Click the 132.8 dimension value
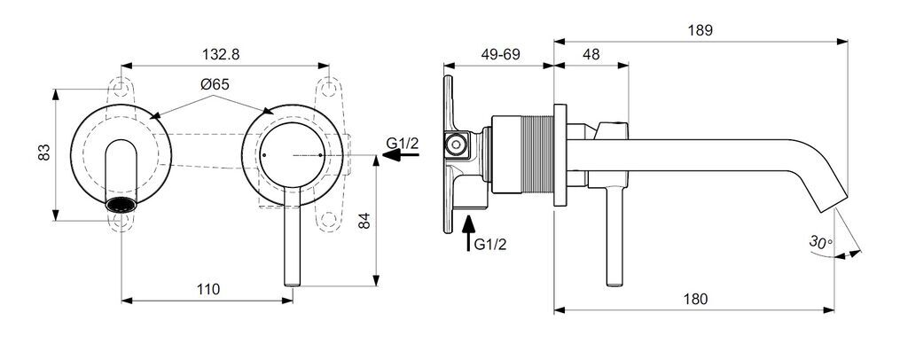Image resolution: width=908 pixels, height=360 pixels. (221, 54)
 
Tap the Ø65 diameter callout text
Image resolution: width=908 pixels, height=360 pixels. (215, 84)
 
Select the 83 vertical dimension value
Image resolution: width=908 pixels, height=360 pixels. (44, 153)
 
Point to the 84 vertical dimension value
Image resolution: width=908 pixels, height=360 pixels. (364, 221)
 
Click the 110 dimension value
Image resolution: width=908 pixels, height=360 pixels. (208, 289)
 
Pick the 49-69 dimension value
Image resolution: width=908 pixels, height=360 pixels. (501, 54)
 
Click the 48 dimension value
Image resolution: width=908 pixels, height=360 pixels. (591, 54)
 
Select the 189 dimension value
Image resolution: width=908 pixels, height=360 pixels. (701, 31)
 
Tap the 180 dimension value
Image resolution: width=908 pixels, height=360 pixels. (695, 299)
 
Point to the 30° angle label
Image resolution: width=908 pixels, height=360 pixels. (820, 242)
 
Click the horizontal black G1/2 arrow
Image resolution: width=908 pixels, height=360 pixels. (400, 155)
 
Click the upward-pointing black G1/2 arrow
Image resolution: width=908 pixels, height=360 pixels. (468, 232)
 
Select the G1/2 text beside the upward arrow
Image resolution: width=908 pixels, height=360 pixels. (489, 244)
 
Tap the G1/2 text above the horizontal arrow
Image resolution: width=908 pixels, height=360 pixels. (403, 143)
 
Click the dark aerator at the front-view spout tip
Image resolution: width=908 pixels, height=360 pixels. (121, 204)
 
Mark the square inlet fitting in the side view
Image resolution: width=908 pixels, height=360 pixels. (455, 144)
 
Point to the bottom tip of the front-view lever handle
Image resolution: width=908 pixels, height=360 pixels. (293, 284)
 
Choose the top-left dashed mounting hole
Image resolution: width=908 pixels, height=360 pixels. (120, 90)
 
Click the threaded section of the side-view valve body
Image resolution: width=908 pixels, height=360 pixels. (539, 154)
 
